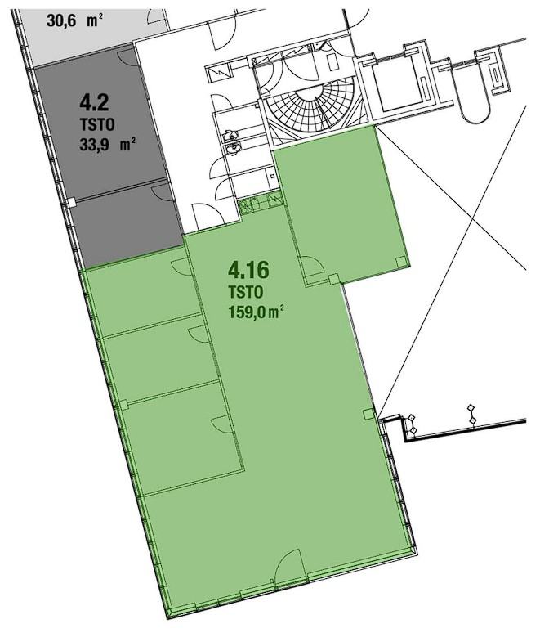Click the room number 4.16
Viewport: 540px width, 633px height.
[248, 270]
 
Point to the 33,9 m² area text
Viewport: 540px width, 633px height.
[107, 144]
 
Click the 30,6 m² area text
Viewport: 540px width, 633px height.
[74, 20]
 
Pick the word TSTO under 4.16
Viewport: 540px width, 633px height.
[246, 291]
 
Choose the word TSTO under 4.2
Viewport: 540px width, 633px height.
[96, 124]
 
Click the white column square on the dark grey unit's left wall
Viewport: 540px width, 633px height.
[71, 202]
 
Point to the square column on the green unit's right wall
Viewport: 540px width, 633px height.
[368, 414]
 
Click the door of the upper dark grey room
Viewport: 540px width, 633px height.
[130, 57]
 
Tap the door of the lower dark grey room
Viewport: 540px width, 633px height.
[163, 193]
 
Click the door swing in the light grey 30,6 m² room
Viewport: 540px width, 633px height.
[157, 17]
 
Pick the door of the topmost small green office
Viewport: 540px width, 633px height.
[182, 267]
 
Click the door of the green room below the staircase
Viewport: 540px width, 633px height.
[312, 266]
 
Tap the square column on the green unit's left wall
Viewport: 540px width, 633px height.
[123, 404]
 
